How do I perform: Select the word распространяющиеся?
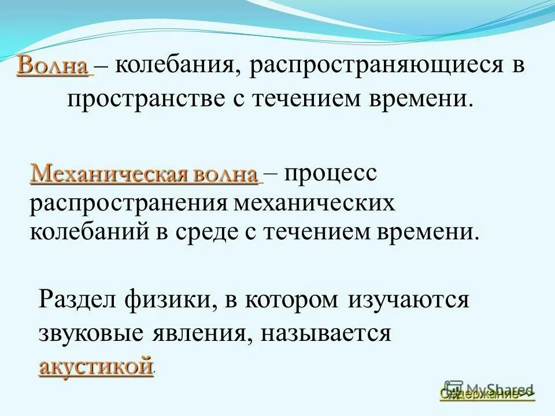coord(376,65)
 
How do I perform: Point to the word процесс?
coord(330,173)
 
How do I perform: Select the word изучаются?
coord(409,300)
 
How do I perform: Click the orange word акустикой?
coord(97,366)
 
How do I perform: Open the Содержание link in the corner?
coord(487,394)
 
